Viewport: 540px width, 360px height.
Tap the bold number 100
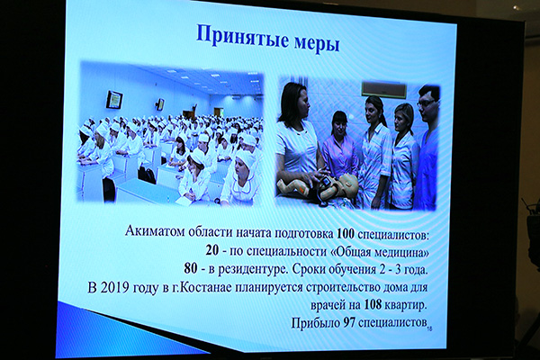point(346,234)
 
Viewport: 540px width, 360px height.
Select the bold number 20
point(212,250)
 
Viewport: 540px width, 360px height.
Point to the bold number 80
point(191,268)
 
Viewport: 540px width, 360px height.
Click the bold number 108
point(373,304)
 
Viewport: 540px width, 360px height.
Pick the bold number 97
point(349,323)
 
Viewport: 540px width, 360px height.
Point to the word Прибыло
point(315,323)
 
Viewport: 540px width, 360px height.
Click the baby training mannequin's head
point(346,185)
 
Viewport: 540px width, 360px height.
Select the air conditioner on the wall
point(383,90)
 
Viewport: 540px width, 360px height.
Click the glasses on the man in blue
point(426,103)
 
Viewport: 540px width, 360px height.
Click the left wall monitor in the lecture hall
point(114,99)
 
